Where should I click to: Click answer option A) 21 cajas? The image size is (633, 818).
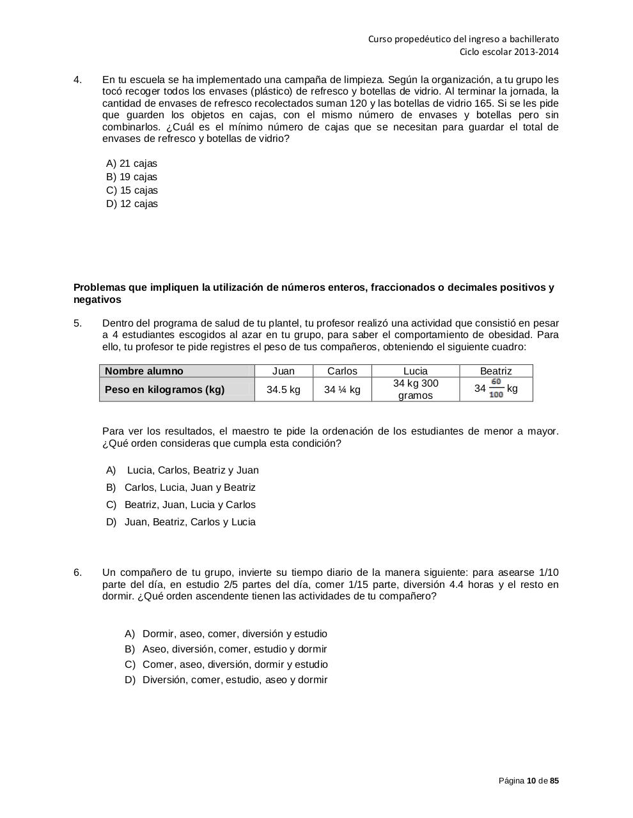(132, 164)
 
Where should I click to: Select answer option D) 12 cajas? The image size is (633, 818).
(132, 204)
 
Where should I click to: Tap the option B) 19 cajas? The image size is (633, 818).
(132, 177)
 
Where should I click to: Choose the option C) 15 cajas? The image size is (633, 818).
(132, 190)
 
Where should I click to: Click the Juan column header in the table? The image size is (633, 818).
(283, 371)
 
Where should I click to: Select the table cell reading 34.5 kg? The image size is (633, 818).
(283, 389)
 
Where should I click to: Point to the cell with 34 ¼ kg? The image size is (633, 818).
(342, 389)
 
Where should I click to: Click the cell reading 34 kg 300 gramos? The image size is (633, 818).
(416, 389)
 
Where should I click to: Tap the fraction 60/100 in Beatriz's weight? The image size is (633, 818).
(496, 389)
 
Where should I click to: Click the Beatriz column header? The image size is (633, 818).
(496, 371)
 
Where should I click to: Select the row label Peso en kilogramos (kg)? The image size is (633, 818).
(164, 389)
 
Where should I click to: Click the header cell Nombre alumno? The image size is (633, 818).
(144, 371)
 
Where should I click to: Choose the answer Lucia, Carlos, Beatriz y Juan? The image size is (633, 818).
(192, 470)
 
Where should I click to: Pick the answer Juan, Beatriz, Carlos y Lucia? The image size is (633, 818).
(190, 522)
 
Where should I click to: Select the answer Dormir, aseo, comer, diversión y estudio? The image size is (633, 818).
(235, 634)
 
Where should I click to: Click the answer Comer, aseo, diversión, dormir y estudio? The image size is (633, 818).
(235, 665)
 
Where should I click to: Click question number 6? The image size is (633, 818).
(77, 573)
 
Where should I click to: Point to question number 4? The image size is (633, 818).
(77, 80)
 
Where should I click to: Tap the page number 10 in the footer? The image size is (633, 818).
(531, 781)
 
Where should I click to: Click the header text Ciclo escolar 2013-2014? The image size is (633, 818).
(509, 52)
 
